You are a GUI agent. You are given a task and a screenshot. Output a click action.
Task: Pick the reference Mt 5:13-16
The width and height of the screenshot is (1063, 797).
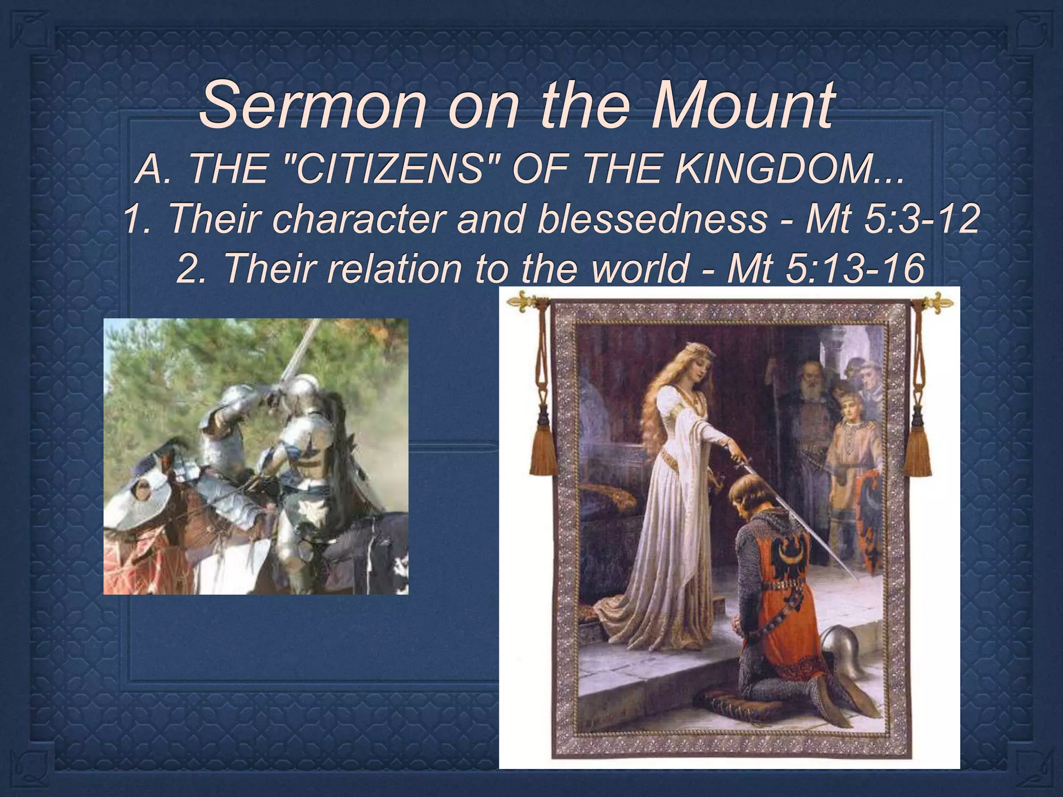click(825, 269)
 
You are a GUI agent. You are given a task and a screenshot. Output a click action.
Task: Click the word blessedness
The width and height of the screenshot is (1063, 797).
click(651, 218)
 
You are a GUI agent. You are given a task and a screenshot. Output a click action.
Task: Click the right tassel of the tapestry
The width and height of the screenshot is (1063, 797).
click(918, 451)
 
